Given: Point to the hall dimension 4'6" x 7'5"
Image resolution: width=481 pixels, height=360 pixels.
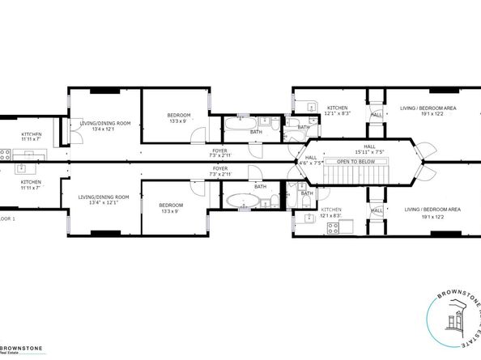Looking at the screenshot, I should tap(311, 163).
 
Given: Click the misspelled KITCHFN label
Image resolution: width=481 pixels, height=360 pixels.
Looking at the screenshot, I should tap(31, 134).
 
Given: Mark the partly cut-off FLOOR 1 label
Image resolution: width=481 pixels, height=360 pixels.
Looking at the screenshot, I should tap(7, 218).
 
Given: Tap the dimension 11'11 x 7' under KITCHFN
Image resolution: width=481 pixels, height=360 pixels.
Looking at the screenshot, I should tap(31, 140).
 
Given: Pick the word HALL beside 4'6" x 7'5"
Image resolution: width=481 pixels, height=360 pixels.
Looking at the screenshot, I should tap(311, 157).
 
